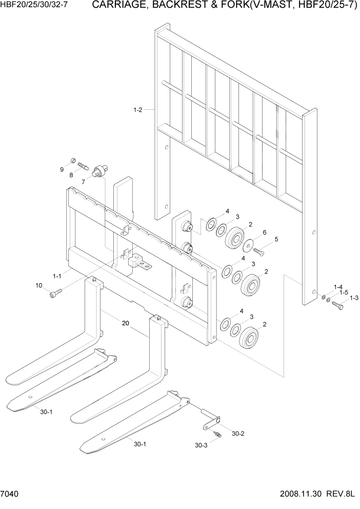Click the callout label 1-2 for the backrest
pos(137,109)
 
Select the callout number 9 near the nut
pos(63,169)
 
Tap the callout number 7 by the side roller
pos(83,181)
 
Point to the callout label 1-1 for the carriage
pos(56,276)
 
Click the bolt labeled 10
pos(55,293)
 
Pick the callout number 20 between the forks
pos(125,323)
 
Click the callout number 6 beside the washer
pos(264,232)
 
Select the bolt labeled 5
pos(258,250)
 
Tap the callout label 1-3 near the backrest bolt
pos(354,298)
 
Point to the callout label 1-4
pos(338,287)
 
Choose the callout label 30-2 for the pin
pos(238,434)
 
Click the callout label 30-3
pos(202,445)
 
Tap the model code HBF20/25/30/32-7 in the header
pos(34,6)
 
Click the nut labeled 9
pos(73,160)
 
